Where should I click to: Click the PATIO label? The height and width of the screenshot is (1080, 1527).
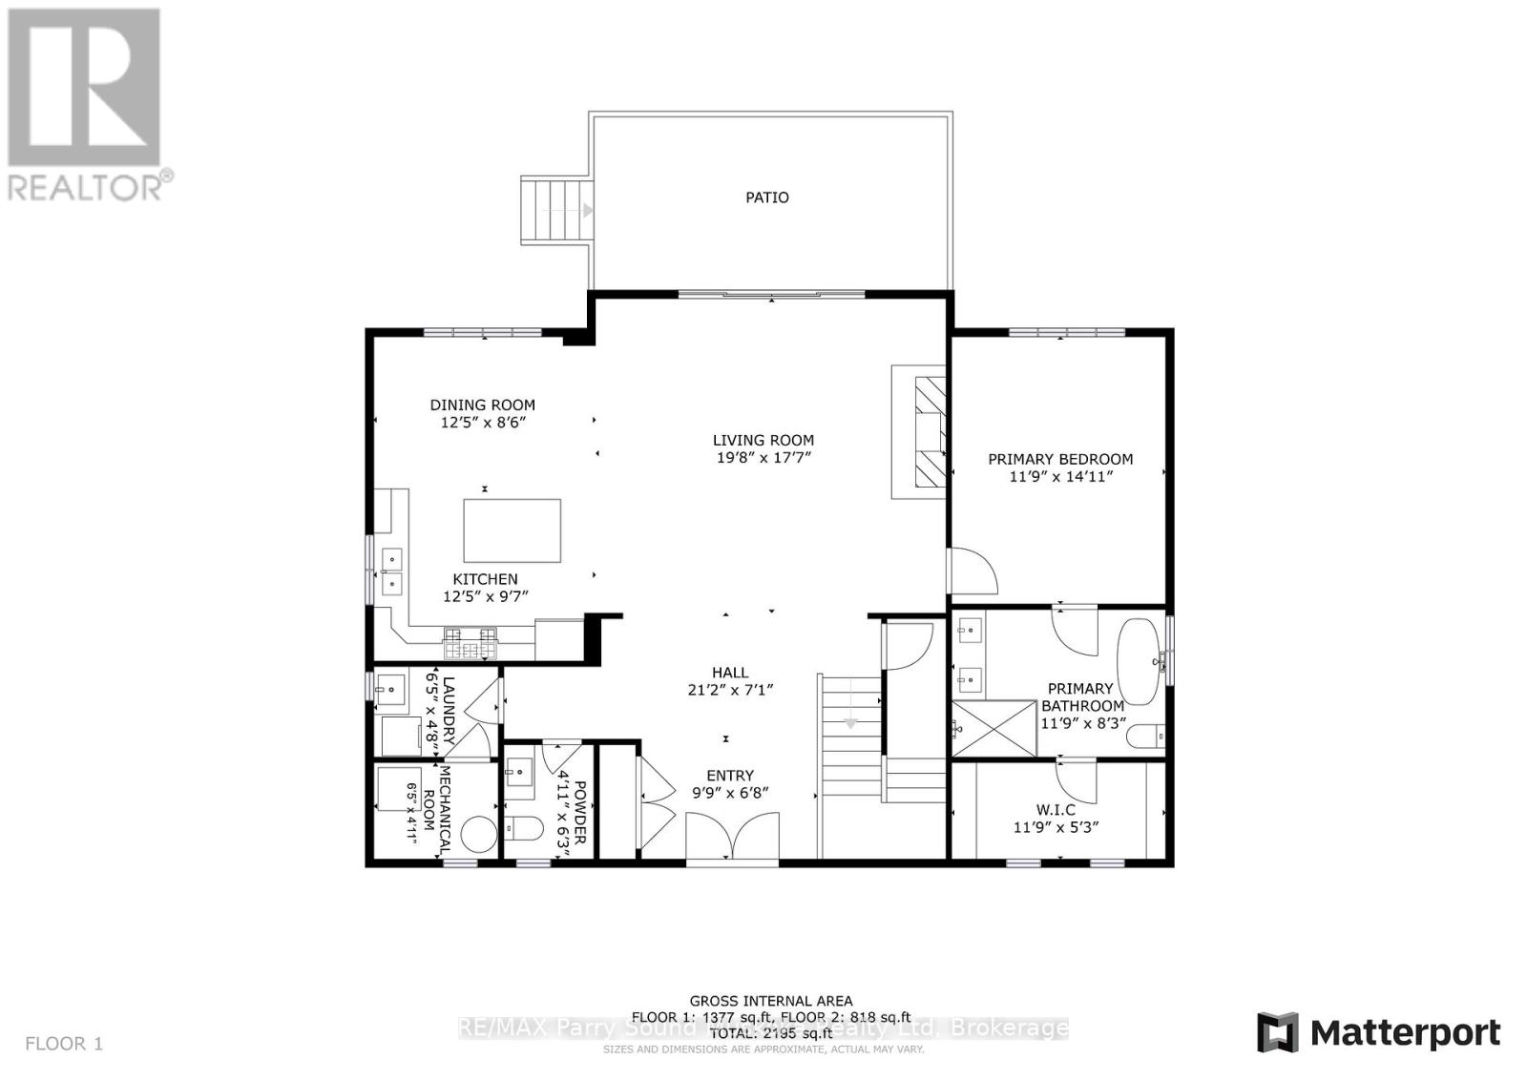766,197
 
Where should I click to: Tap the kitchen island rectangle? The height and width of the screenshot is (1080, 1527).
512,530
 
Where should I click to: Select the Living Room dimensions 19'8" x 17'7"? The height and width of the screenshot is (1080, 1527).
763,458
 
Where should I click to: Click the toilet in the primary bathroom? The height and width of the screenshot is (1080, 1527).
1145,737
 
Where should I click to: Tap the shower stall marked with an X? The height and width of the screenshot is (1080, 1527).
994,729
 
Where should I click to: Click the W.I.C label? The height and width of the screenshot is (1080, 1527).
1056,809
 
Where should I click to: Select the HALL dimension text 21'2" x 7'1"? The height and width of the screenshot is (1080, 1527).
729,690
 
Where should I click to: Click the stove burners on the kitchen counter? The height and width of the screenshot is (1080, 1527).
470,644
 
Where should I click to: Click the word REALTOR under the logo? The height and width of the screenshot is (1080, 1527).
85,186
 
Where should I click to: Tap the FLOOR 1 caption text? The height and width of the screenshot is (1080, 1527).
63,1044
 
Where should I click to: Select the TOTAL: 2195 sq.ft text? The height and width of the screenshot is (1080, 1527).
770,1033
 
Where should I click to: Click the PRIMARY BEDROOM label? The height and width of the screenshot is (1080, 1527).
1060,459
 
